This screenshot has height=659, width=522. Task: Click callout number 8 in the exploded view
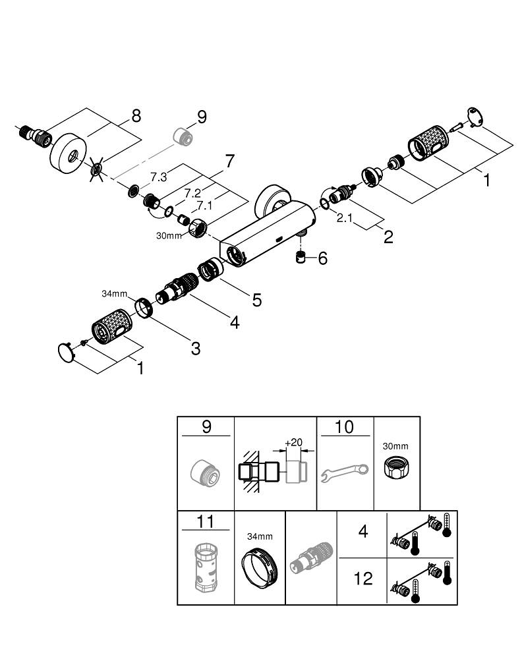click(136, 116)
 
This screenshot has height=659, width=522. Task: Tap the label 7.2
click(192, 193)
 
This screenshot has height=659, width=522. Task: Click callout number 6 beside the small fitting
click(322, 258)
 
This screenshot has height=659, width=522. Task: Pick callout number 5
click(256, 300)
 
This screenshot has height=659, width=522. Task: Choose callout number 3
click(195, 348)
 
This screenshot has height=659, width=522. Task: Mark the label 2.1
click(344, 218)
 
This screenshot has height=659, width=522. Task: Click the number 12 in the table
click(363, 579)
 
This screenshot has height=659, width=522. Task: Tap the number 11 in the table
click(206, 523)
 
